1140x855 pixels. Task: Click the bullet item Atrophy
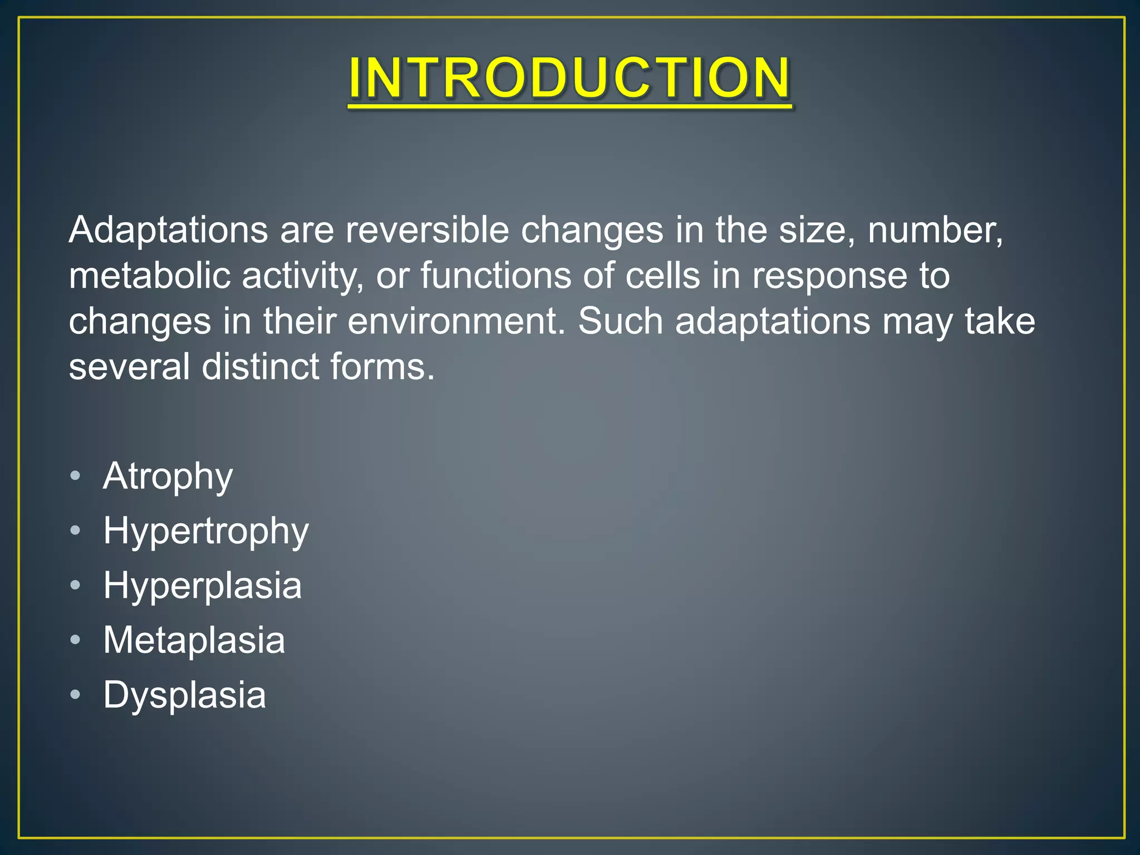(168, 476)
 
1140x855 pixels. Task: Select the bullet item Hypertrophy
(205, 531)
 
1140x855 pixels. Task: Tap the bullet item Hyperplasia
(202, 586)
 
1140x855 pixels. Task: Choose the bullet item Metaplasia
(194, 640)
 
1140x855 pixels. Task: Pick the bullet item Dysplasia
(184, 695)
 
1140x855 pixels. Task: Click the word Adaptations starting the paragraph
(168, 230)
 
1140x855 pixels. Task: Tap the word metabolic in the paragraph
(149, 276)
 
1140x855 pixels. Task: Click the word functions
(495, 276)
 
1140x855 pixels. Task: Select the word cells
(662, 276)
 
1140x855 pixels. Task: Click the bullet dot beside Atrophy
(76, 476)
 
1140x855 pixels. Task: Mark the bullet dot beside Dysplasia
(76, 695)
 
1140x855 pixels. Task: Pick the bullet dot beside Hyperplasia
(76, 586)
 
